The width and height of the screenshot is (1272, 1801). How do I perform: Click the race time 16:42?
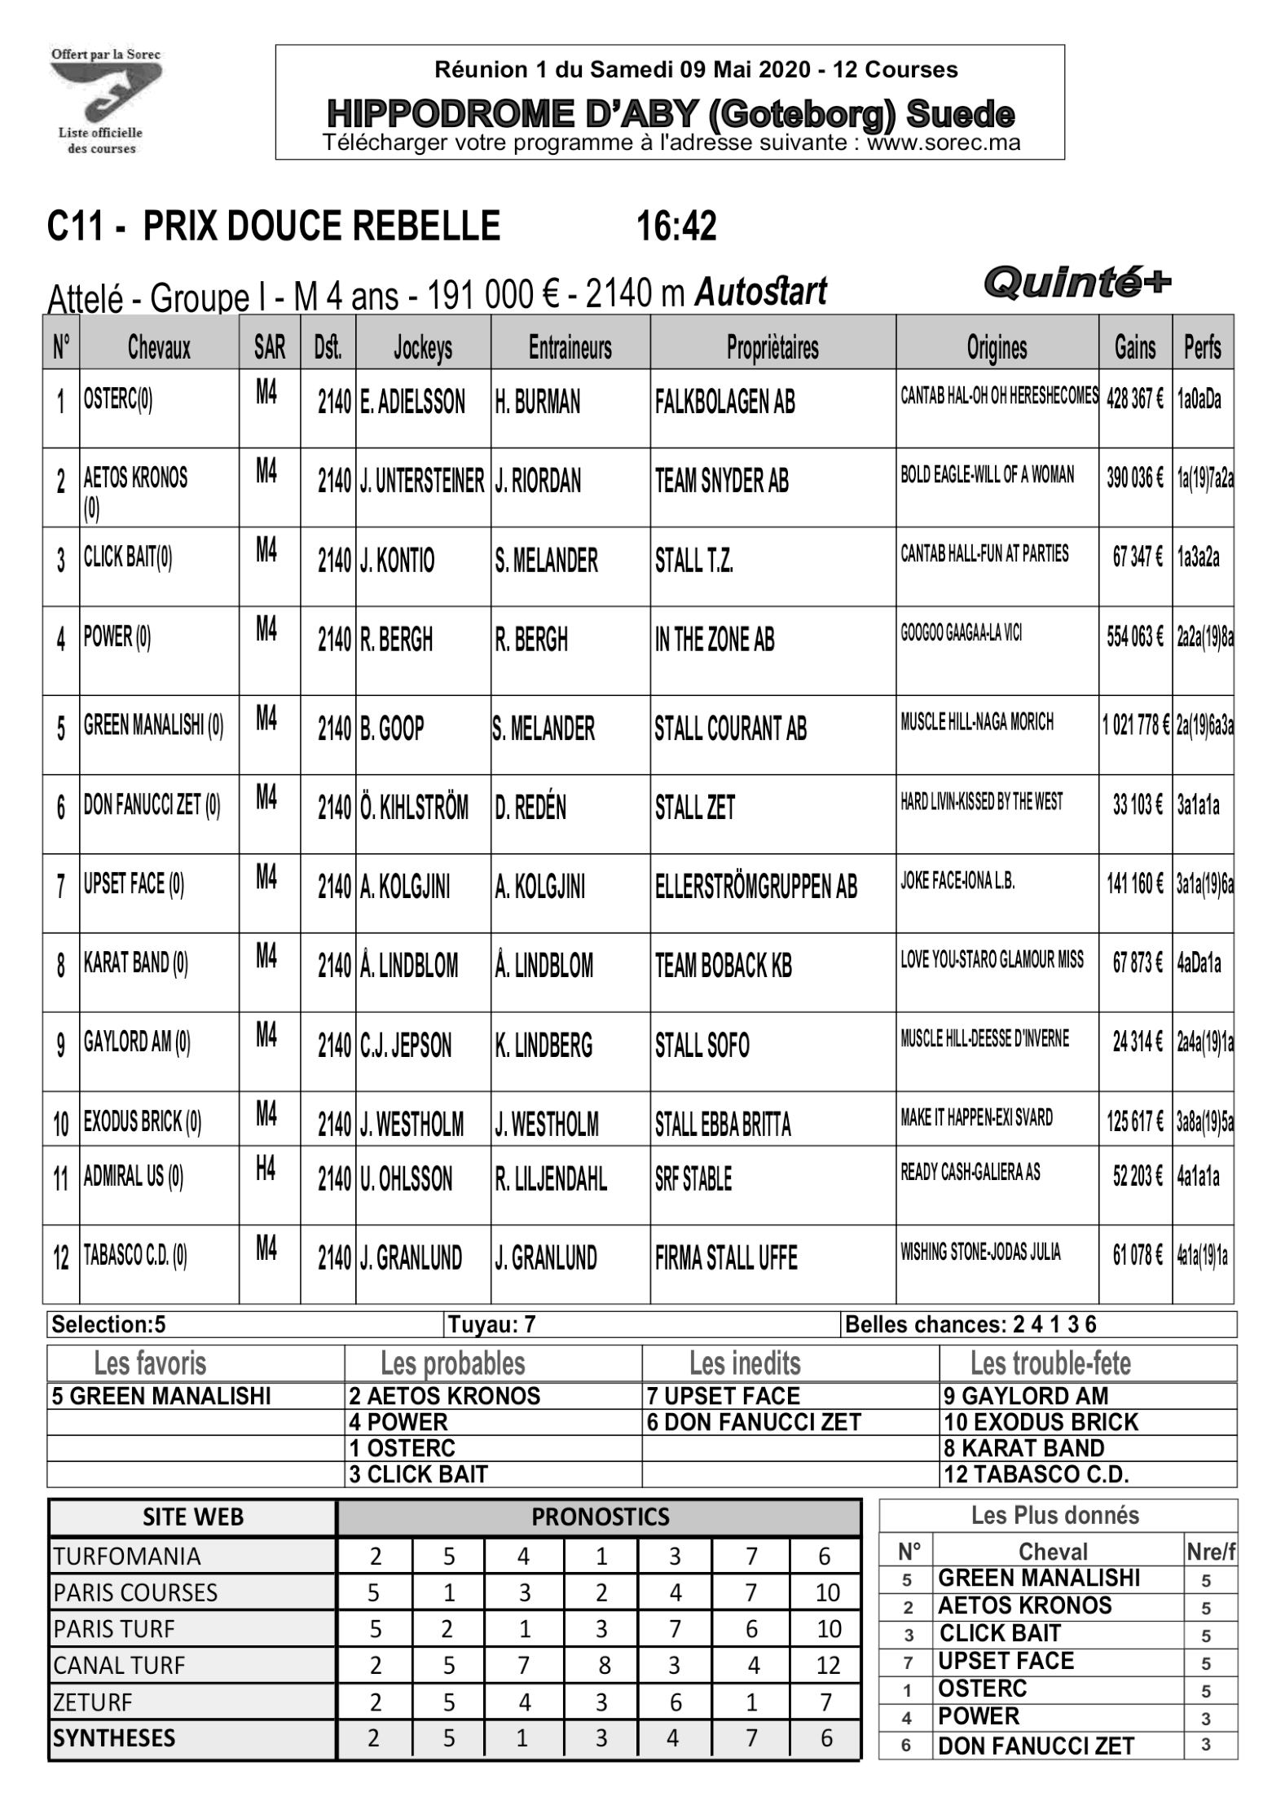tap(676, 226)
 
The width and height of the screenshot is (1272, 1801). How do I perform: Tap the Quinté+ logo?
tap(1076, 283)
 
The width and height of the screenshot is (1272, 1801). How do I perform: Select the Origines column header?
tap(996, 348)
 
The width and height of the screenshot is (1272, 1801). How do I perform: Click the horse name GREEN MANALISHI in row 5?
tap(153, 724)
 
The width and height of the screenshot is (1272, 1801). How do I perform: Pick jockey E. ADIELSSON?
tap(412, 402)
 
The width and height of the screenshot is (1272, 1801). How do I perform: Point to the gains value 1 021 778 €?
tap(1135, 724)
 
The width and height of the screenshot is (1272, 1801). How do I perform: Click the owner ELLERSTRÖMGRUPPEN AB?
tap(755, 886)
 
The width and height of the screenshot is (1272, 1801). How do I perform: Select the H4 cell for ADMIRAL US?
tap(266, 1169)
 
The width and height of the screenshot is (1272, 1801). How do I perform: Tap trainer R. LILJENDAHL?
tap(550, 1179)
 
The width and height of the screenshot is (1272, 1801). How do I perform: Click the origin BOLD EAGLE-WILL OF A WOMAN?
tap(987, 474)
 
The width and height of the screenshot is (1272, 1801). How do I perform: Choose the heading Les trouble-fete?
tap(1050, 1363)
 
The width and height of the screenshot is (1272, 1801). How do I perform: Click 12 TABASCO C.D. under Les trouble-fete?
tap(1036, 1474)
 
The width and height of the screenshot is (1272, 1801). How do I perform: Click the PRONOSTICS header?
tap(600, 1517)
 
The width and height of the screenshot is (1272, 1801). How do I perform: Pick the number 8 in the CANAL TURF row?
tap(604, 1665)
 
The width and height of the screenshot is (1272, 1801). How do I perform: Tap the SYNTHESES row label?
tap(114, 1738)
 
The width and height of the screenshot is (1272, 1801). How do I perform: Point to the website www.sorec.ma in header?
tap(943, 143)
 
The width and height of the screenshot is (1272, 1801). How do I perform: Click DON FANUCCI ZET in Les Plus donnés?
tap(1036, 1746)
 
